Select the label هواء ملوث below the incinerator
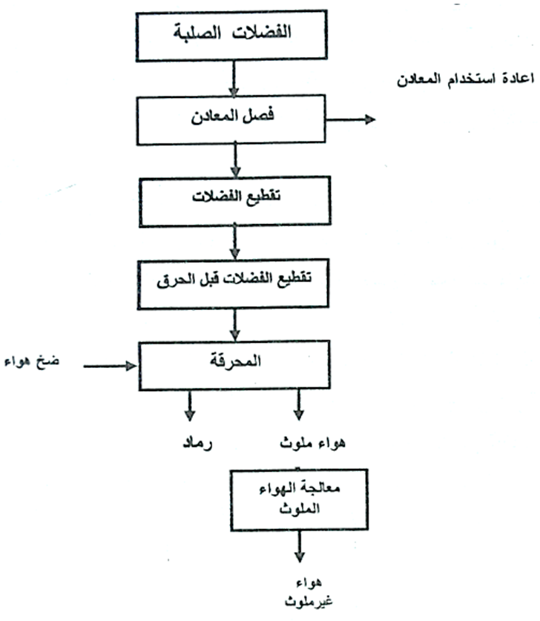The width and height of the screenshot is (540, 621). (300, 444)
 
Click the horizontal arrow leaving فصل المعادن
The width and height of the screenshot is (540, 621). (352, 120)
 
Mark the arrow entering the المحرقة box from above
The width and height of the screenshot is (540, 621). (234, 324)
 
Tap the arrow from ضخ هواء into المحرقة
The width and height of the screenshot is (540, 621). (111, 365)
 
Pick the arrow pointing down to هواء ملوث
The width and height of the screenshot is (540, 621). (299, 406)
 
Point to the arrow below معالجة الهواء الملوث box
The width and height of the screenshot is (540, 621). (300, 548)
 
